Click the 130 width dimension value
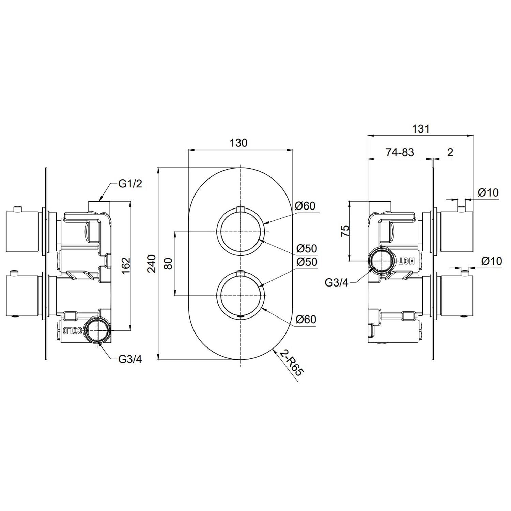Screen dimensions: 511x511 tap(238, 143)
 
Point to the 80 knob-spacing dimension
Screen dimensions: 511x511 tap(169, 263)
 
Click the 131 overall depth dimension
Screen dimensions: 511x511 tap(421, 129)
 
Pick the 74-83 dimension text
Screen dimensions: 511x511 tap(400, 152)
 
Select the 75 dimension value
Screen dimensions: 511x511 tap(345, 231)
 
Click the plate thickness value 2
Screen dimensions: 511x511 tap(450, 152)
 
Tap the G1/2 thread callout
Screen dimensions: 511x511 tap(130, 184)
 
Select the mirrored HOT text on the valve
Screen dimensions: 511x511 tap(407, 261)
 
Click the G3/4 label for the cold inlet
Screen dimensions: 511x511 tap(130, 359)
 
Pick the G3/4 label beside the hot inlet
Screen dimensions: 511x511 tap(337, 282)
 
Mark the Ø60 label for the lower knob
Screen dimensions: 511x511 tap(306, 319)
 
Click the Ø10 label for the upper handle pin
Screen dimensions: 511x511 tap(488, 192)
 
